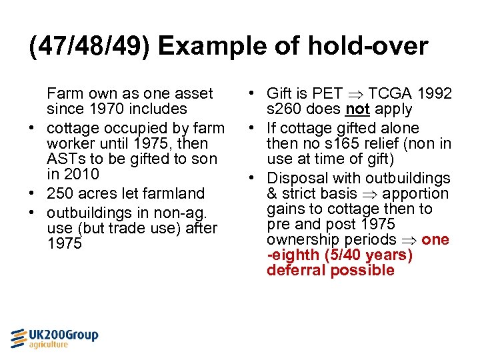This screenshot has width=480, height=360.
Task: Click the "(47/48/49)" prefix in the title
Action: [x=90, y=46]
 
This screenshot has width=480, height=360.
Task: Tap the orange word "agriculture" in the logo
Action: [x=49, y=345]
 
